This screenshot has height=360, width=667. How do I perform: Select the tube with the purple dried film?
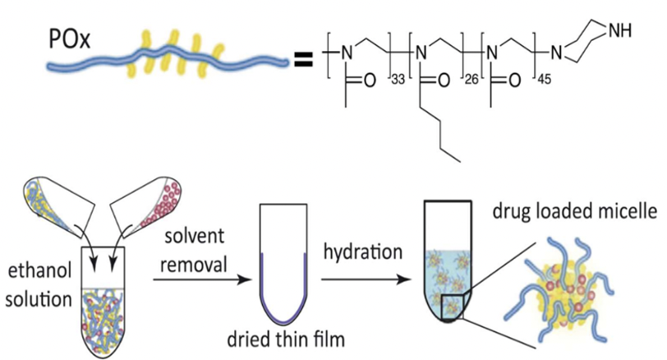pyautogui.click(x=284, y=263)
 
